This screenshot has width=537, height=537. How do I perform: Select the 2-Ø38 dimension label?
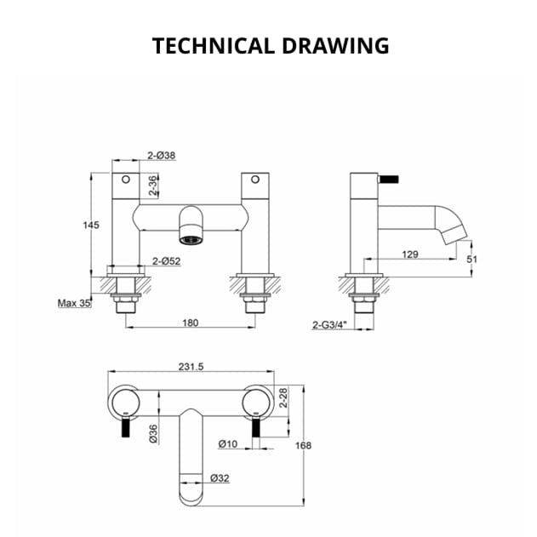tap(161, 156)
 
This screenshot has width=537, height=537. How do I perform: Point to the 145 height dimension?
tap(91, 225)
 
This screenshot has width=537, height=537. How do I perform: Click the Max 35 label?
tap(74, 303)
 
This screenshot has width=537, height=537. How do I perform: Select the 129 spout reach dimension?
tap(409, 254)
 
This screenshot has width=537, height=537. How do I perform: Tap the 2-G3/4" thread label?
tap(329, 324)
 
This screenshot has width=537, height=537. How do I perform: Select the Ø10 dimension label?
tap(227, 443)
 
